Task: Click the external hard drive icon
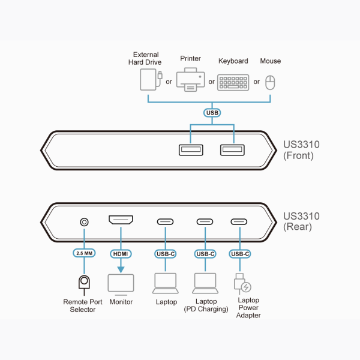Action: point(148,80)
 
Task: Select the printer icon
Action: point(190,79)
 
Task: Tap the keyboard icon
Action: point(233,82)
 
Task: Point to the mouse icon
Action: point(270,82)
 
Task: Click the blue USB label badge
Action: point(212,112)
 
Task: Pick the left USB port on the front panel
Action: point(191,149)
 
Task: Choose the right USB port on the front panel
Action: point(233,149)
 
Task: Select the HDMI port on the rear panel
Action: point(121,221)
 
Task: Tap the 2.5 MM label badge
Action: point(84,253)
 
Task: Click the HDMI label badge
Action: point(121,253)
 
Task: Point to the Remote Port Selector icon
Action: point(84,282)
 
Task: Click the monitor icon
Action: point(121,283)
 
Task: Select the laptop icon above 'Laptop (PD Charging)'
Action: point(205,281)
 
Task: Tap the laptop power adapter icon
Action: point(242,283)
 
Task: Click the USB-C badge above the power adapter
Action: point(240,253)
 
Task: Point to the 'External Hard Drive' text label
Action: point(145,58)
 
